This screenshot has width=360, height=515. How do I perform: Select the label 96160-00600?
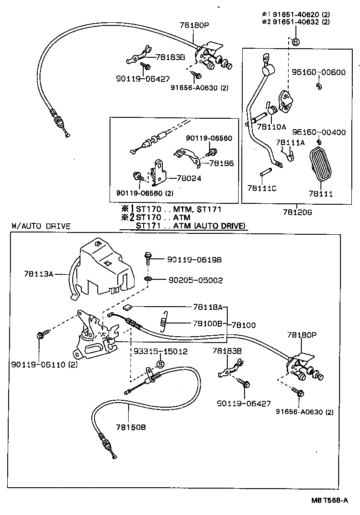coord(318,72)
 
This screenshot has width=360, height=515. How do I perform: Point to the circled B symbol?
coord(295,42)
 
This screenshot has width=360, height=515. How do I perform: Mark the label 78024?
coord(189,179)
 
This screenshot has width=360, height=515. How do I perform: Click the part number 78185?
coord(221,162)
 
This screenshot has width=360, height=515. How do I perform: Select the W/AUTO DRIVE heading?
coord(41,226)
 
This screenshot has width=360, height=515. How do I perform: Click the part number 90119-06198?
coord(194,259)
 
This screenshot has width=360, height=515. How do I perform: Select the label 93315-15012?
coord(160,352)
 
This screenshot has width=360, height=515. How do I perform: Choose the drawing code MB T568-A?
coord(329,500)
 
